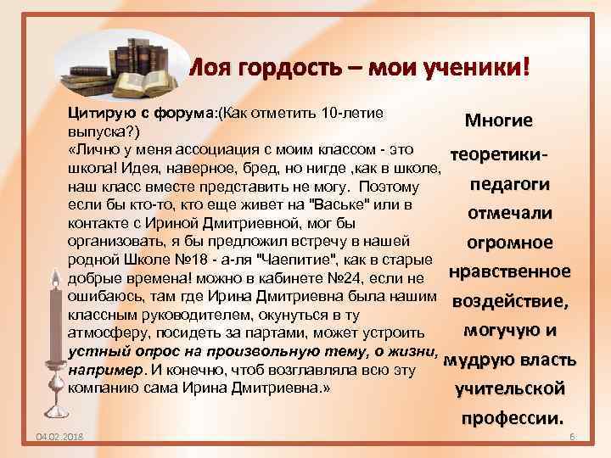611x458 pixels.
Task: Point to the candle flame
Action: (59, 276)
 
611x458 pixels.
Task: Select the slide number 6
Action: (572, 436)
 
